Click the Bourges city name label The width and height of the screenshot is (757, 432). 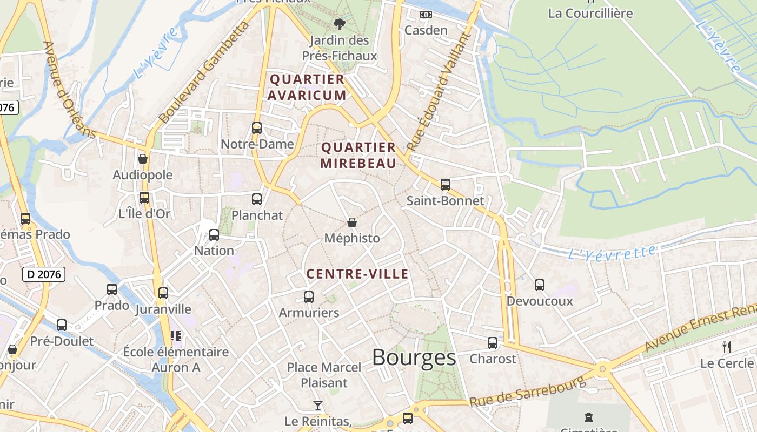click(414, 357)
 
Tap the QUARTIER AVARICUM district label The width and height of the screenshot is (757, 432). click(308, 87)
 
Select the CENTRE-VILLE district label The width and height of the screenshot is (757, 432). click(357, 274)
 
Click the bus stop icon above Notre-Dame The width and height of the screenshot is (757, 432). click(257, 128)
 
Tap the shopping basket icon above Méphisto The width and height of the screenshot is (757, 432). click(352, 222)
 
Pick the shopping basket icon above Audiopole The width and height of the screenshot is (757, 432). click(143, 159)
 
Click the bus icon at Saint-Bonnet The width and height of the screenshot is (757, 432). click(446, 185)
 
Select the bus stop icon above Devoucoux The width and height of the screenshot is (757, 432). click(540, 285)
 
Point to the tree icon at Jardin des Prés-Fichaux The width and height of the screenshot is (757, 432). click(340, 24)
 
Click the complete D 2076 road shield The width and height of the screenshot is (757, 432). click(44, 274)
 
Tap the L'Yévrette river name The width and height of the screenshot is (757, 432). click(613, 252)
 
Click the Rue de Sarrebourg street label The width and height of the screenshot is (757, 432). click(528, 393)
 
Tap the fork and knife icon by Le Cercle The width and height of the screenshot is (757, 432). click(727, 347)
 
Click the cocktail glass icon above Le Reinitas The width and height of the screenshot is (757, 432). click(318, 405)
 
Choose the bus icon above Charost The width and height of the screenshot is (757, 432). click(493, 343)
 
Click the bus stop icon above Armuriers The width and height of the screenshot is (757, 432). click(309, 297)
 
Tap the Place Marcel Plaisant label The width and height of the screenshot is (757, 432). click(324, 375)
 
